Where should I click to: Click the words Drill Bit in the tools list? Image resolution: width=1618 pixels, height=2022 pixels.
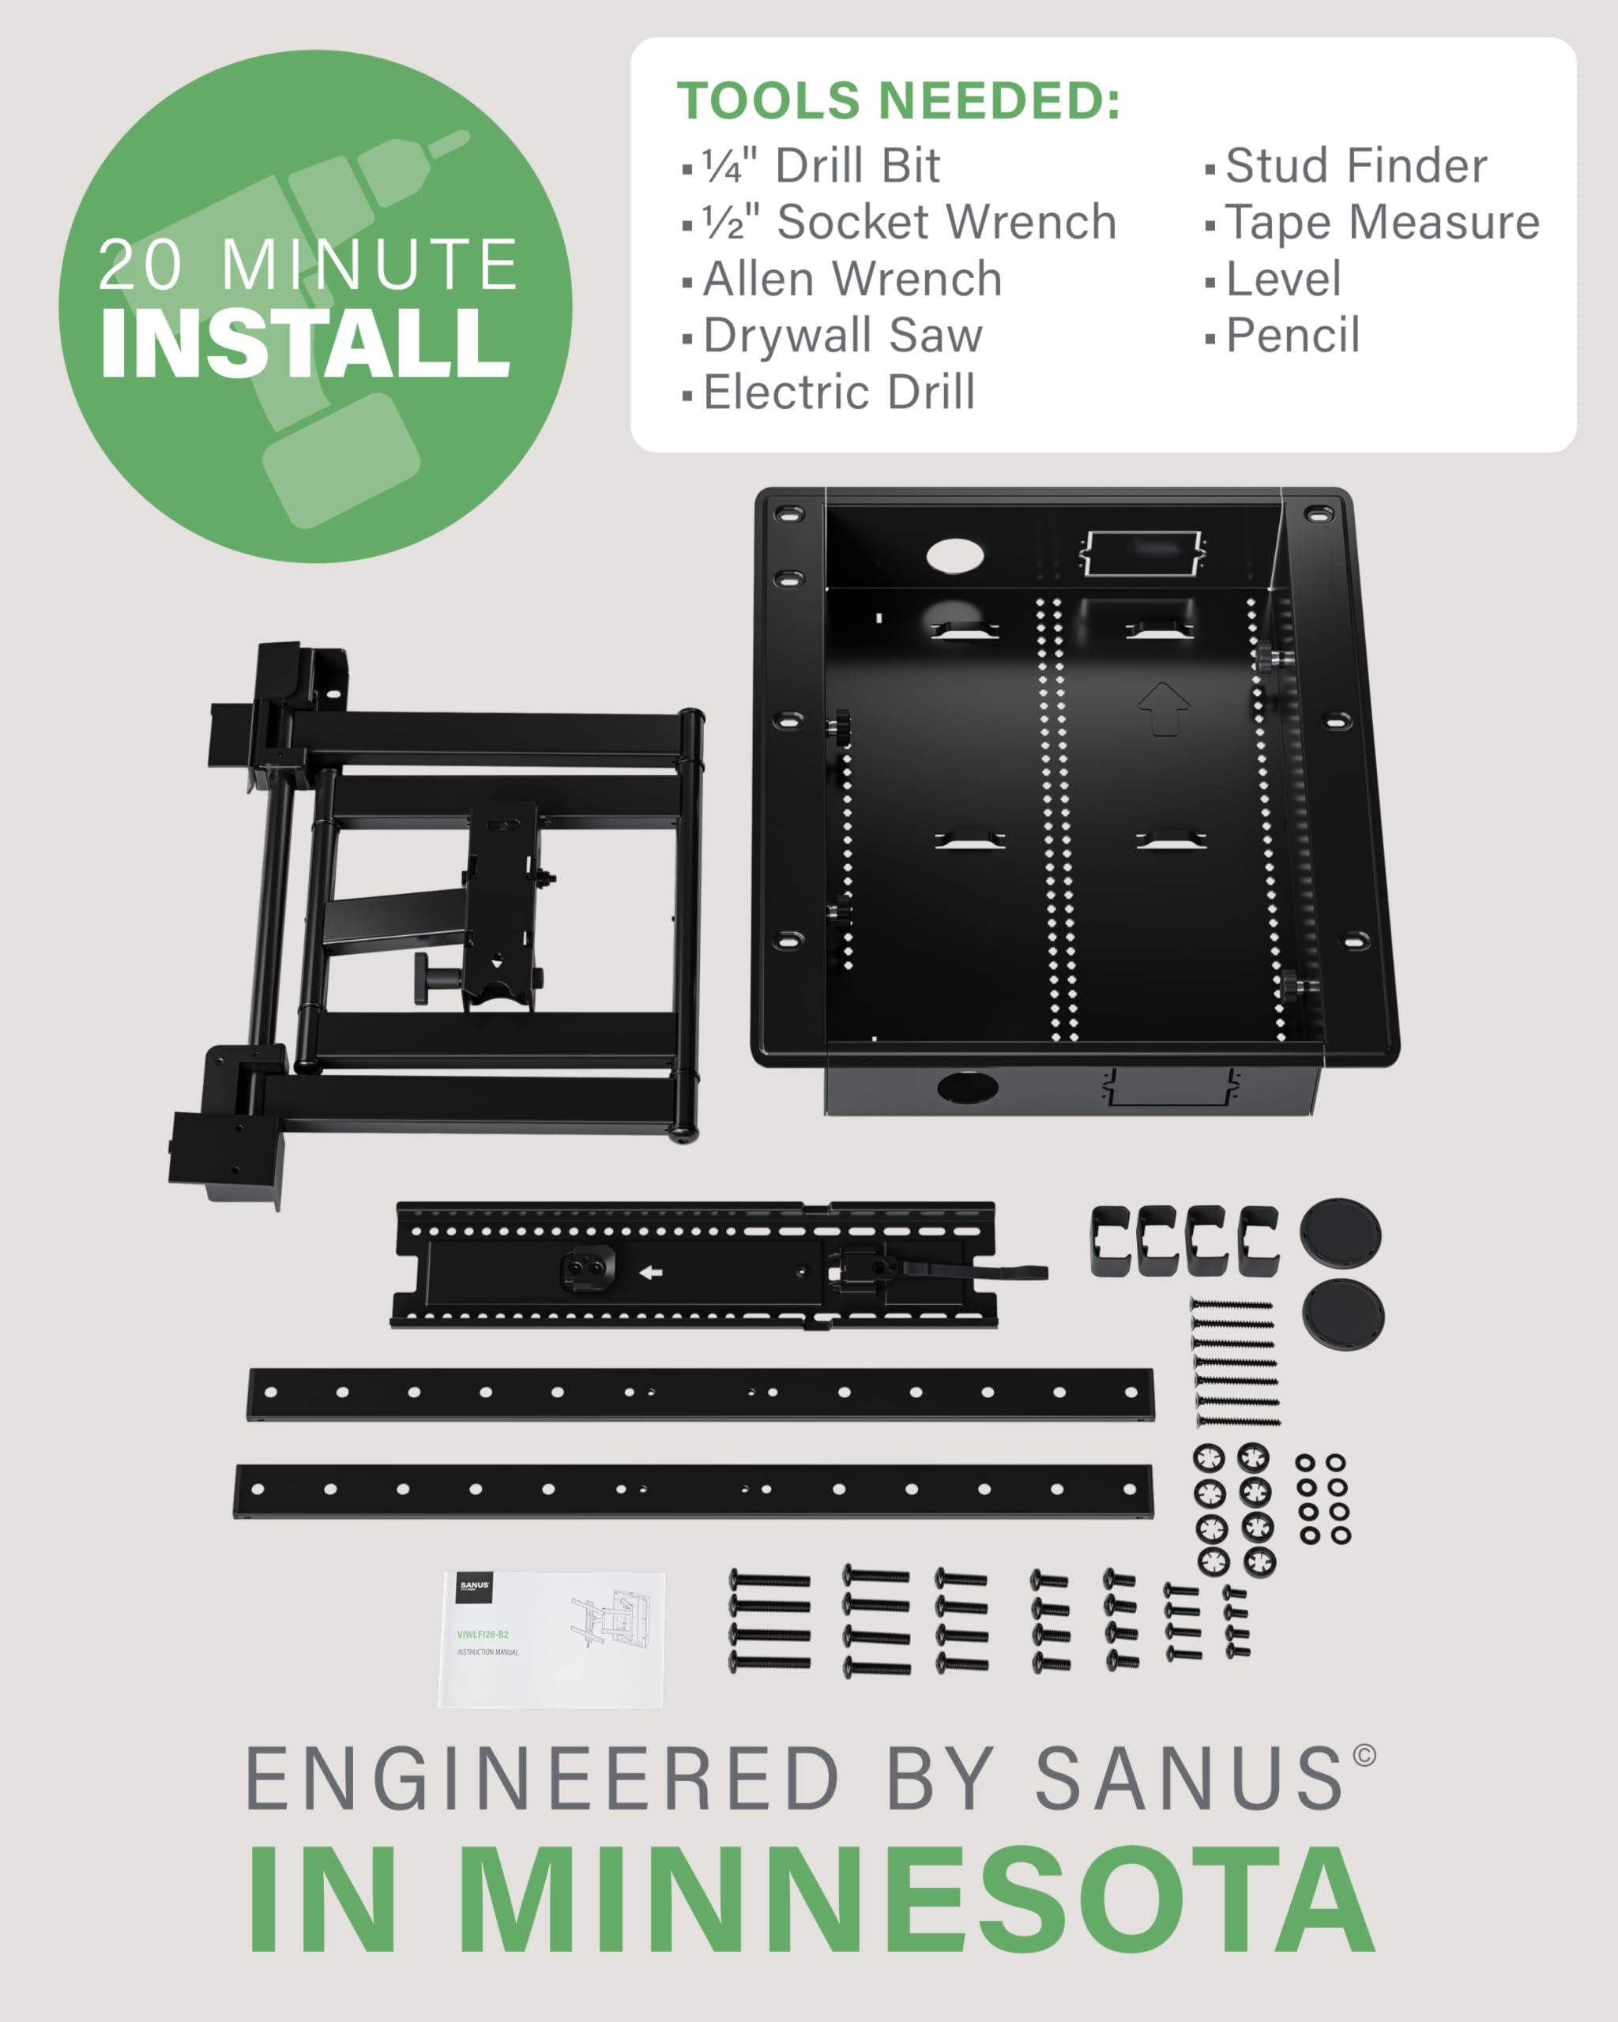coord(856,166)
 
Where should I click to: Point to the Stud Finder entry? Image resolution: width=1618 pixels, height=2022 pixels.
coord(1356,166)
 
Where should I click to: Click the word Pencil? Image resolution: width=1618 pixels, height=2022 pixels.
coord(1293,335)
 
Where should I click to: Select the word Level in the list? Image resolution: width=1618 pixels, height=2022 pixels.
coord(1283,279)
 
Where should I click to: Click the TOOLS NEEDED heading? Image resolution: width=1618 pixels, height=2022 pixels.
coord(898,100)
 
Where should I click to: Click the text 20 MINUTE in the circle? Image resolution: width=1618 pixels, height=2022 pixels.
coord(307,265)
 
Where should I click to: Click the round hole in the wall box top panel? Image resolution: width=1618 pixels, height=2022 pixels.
coord(955,555)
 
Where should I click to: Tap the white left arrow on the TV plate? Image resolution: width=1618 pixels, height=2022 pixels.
coord(650,1272)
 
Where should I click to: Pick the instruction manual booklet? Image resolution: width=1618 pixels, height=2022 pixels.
coord(551,1638)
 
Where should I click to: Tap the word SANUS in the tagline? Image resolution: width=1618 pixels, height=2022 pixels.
coord(1188,1778)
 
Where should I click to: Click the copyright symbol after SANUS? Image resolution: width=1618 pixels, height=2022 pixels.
coord(1364,1755)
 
